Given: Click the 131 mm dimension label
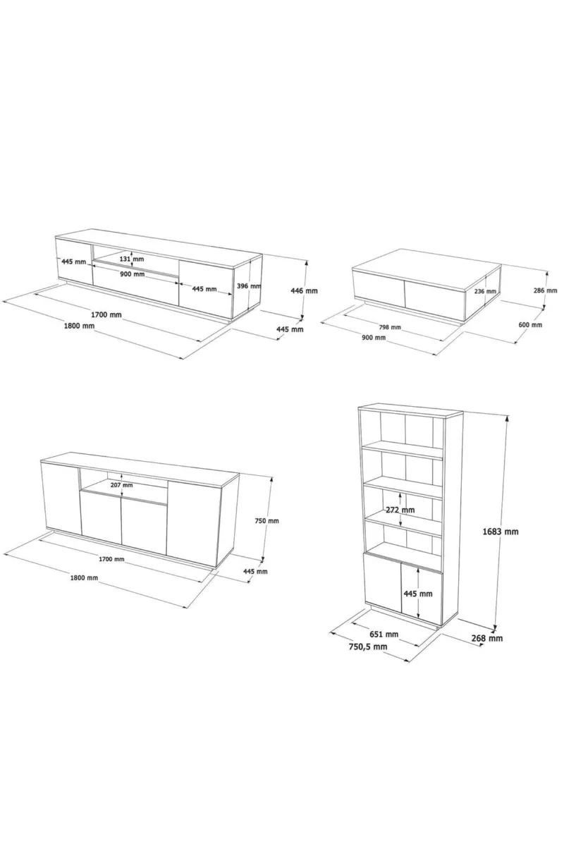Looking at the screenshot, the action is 132,259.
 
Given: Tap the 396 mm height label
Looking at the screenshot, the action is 249,286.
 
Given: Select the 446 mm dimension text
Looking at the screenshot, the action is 304,290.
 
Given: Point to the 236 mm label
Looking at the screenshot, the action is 486,291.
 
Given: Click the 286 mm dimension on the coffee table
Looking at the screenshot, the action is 546,290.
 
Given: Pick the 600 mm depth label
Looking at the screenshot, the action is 530,325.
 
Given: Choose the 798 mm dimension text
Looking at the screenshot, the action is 391,327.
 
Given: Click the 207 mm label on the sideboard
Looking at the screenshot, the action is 122,485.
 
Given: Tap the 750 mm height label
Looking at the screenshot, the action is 266,520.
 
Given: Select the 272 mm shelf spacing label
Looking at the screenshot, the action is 400,510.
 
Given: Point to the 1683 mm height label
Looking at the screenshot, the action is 501,532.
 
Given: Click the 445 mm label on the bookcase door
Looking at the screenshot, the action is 418,594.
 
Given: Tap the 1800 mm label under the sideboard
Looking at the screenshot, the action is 84,577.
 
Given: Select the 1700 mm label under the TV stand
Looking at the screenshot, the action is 106,314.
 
